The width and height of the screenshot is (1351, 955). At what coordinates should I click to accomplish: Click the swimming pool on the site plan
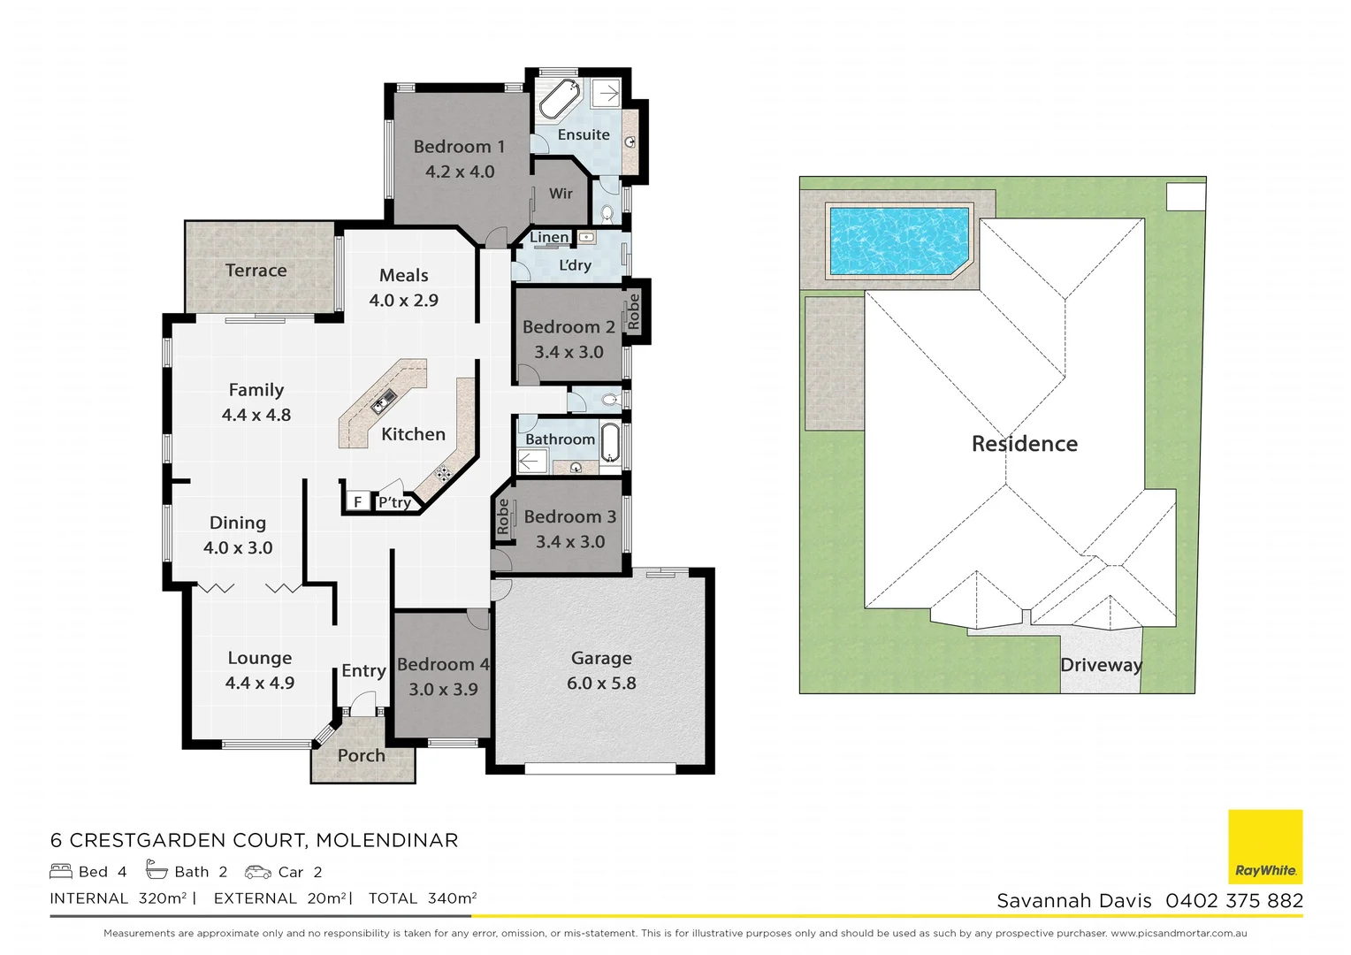point(897,241)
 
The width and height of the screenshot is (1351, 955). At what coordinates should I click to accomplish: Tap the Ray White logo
point(1265,846)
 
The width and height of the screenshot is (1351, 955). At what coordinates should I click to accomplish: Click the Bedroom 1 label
point(459,147)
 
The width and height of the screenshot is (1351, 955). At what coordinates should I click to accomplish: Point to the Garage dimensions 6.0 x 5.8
point(601,684)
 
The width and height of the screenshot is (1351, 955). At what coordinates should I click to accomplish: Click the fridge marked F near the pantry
point(357,502)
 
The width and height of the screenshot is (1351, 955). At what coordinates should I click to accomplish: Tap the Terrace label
point(256,271)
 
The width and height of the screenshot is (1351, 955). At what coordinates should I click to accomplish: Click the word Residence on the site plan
point(1024,444)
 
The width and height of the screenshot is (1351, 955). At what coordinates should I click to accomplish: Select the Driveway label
point(1101,665)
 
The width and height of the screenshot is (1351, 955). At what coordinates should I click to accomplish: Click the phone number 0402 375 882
point(1233,901)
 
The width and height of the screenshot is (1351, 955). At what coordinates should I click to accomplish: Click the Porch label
point(361,756)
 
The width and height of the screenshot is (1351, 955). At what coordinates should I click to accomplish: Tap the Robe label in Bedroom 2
point(633,312)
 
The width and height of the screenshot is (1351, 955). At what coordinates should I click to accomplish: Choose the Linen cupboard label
point(549,237)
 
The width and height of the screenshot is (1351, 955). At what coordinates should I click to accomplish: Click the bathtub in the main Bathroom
point(610,441)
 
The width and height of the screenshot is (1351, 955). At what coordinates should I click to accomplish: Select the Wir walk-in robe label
point(561,194)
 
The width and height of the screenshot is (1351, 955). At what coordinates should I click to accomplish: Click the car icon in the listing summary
point(258,872)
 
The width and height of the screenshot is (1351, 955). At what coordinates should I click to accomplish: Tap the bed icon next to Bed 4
point(61,872)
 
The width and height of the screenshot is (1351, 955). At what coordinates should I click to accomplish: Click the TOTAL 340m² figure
point(423,898)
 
